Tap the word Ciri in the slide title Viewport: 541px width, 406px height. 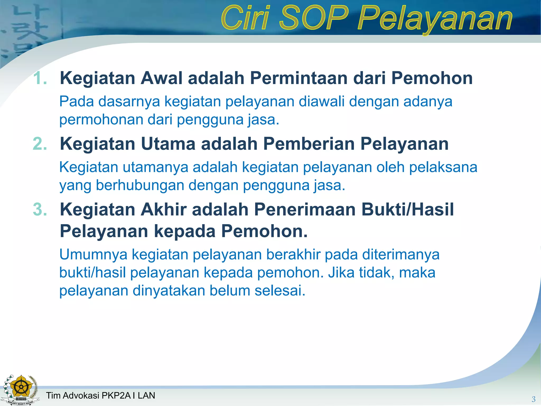point(246,18)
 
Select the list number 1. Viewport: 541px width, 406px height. point(40,78)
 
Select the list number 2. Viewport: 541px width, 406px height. point(40,144)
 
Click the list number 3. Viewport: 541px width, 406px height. point(40,209)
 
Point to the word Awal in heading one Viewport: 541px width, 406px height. point(161,78)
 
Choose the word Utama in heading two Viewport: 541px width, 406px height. point(168,144)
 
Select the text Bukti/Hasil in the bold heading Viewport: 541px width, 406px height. point(407,209)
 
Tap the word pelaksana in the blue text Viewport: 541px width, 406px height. point(443,167)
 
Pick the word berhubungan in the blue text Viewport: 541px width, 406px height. point(140,185)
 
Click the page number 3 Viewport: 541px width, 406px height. point(533,399)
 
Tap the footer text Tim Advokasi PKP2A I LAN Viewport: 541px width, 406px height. point(100,395)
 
